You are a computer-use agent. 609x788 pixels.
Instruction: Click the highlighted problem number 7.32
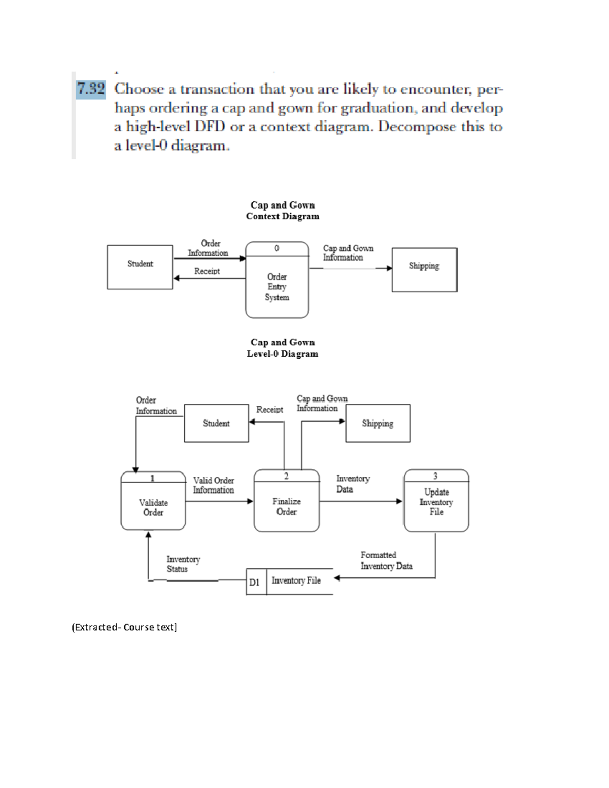(x=91, y=89)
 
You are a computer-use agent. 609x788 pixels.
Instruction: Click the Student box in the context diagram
(x=140, y=267)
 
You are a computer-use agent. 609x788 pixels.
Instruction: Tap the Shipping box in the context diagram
(x=424, y=269)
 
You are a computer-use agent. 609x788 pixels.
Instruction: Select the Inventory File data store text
(x=296, y=580)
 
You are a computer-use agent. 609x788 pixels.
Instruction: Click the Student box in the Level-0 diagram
(x=216, y=423)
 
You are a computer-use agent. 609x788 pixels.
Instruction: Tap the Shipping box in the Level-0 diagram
(x=378, y=423)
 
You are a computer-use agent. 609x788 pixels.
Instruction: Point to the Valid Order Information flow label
(x=213, y=485)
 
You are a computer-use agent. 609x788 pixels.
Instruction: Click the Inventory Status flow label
(x=183, y=564)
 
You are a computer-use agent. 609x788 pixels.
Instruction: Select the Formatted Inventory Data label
(x=386, y=561)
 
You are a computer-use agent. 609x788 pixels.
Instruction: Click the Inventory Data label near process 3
(x=353, y=484)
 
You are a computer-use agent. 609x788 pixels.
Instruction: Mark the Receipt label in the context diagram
(x=207, y=271)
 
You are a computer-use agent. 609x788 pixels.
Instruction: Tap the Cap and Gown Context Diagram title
(x=283, y=211)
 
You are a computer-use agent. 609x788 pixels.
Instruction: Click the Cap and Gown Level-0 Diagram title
(x=283, y=348)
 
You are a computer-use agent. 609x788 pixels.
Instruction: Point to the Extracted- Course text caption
(x=124, y=627)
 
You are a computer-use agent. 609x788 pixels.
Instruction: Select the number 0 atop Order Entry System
(x=277, y=248)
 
